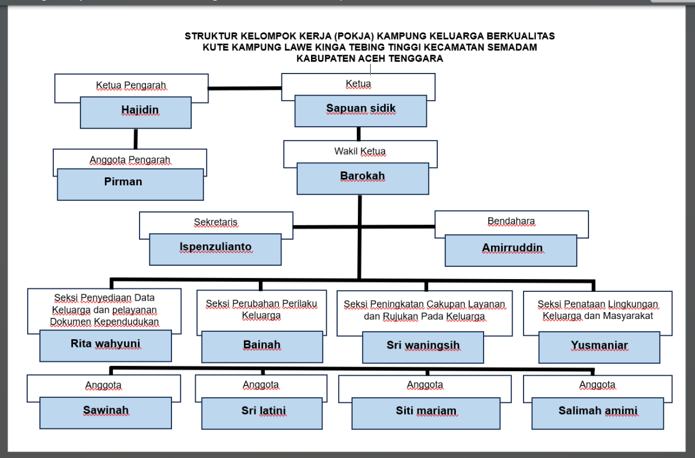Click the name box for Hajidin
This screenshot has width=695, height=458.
[136, 112]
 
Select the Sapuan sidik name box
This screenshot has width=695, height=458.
[360, 111]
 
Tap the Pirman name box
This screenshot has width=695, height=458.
[130, 185]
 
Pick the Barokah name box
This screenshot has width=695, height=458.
[363, 178]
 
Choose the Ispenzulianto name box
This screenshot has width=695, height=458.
[215, 250]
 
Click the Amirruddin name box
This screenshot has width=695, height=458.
[511, 251]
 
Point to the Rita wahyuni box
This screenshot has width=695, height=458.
[105, 346]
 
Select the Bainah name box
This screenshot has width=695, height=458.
[262, 347]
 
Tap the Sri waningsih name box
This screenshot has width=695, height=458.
[423, 347]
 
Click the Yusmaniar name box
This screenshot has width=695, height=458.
[599, 347]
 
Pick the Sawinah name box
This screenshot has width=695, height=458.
[105, 413]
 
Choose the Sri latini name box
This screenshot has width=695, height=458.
[262, 413]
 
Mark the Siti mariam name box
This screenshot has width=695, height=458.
[426, 413]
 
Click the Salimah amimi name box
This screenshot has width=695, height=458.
[598, 413]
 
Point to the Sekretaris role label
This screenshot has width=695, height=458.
[215, 222]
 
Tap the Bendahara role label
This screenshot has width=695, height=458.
[511, 221]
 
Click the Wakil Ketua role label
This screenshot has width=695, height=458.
[360, 151]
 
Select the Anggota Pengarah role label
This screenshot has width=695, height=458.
[130, 160]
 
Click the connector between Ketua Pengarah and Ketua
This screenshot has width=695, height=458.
[245, 89]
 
